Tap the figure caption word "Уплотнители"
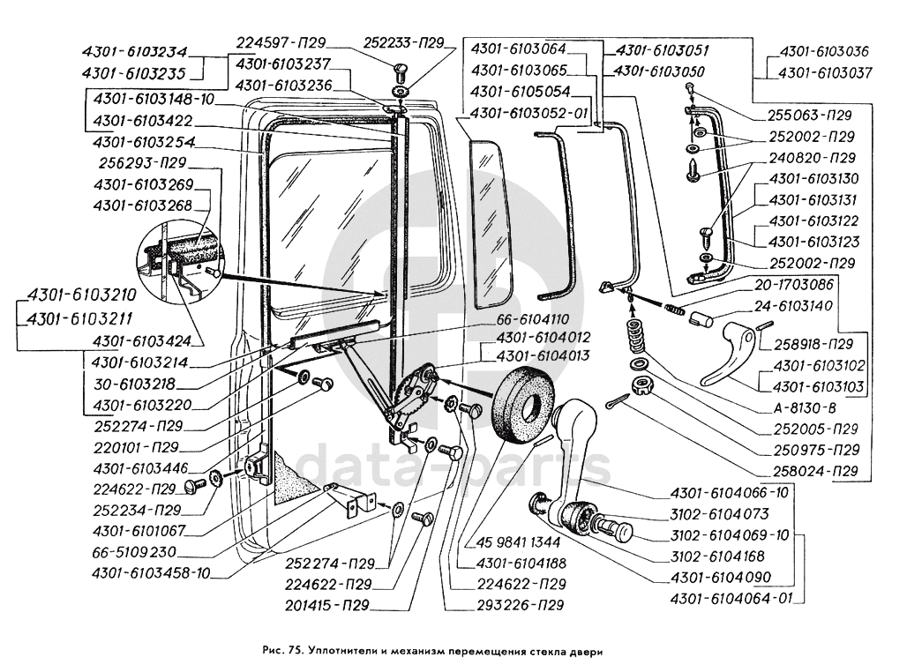point(348,653)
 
